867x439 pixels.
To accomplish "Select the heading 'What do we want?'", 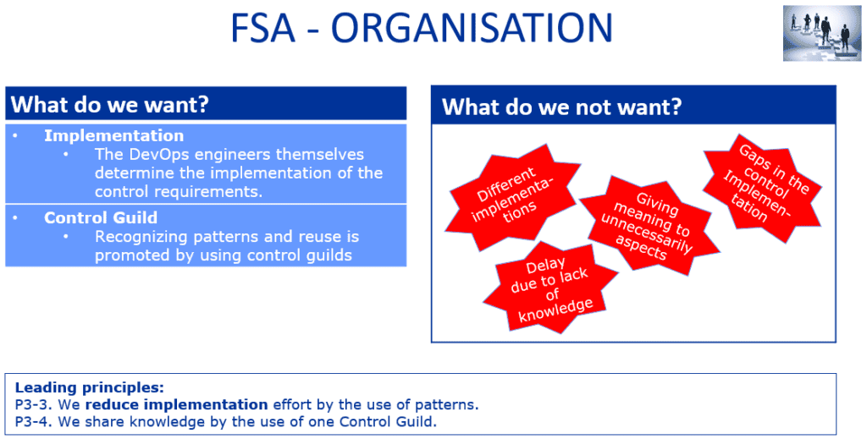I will (110, 105).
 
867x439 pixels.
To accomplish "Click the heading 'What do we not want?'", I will (562, 107).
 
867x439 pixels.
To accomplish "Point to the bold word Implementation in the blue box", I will (113, 135).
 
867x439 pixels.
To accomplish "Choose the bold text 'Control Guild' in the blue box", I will (101, 217).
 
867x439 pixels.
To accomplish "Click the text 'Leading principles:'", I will (89, 387).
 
